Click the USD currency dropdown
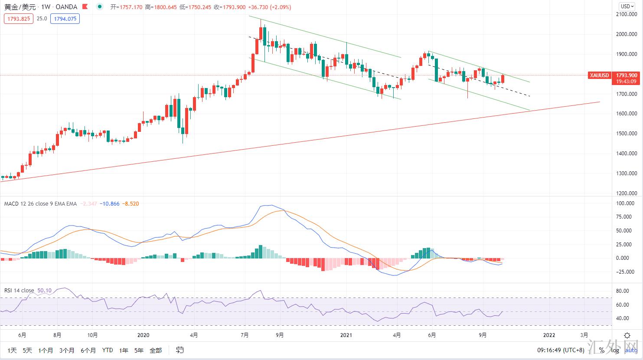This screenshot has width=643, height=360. pyautogui.click(x=627, y=7)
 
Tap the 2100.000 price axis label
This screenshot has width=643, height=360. pyautogui.click(x=627, y=14)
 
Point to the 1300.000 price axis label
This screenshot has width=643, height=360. pyautogui.click(x=627, y=173)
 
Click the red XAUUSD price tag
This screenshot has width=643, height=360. pyautogui.click(x=599, y=75)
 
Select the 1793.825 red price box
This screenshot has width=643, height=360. pyautogui.click(x=18, y=19)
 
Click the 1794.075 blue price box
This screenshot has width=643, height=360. pyautogui.click(x=65, y=19)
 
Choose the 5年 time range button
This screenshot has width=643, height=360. pyautogui.click(x=139, y=350)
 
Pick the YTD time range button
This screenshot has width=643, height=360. pyautogui.click(x=108, y=350)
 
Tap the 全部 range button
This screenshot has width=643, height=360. pyautogui.click(x=156, y=350)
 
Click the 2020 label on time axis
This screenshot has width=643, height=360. pyautogui.click(x=143, y=335)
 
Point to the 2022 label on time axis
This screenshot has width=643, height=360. pyautogui.click(x=549, y=335)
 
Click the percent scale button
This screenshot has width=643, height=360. pyautogui.click(x=601, y=350)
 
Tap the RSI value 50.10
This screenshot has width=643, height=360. pyautogui.click(x=45, y=290)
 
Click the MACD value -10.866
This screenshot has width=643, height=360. pyautogui.click(x=109, y=203)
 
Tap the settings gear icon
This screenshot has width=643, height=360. pyautogui.click(x=627, y=335)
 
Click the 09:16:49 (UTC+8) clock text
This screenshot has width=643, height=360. pyautogui.click(x=561, y=350)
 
